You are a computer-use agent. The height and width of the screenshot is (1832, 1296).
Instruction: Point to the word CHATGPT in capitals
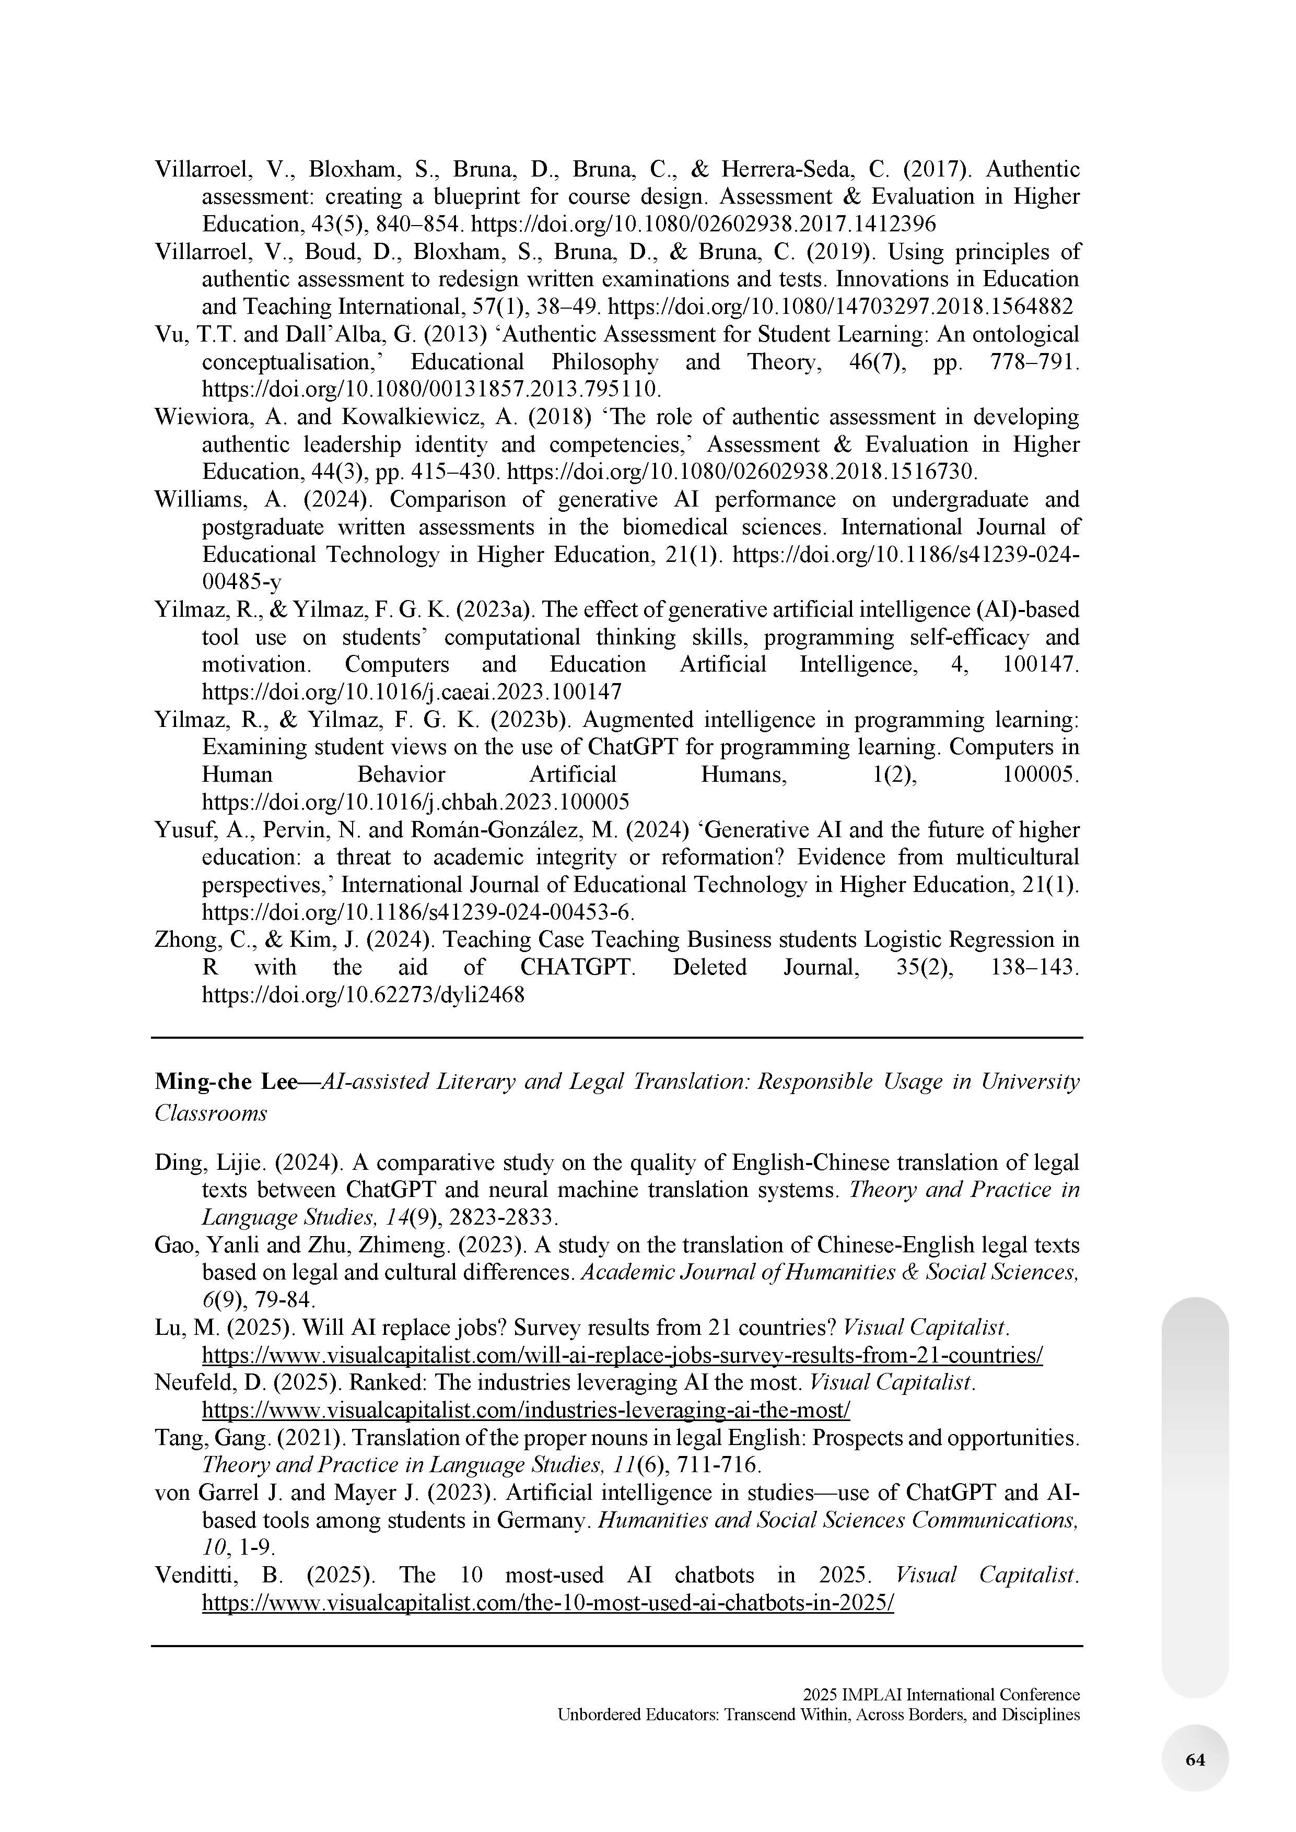point(577,967)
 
